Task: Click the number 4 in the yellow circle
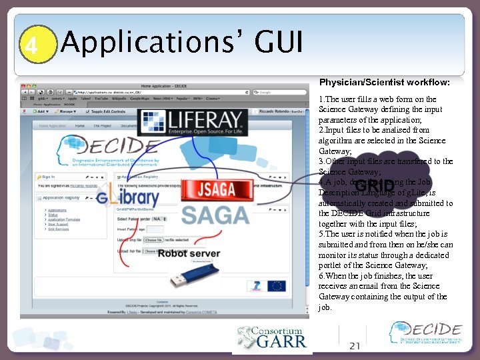click(x=31, y=45)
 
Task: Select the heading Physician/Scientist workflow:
click(x=384, y=83)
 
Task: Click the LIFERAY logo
click(x=180, y=123)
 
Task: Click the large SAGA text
click(x=216, y=215)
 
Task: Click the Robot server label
click(x=189, y=253)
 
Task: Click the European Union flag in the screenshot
click(x=276, y=285)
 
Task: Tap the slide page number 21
click(x=355, y=345)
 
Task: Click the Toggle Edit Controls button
click(x=107, y=111)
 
